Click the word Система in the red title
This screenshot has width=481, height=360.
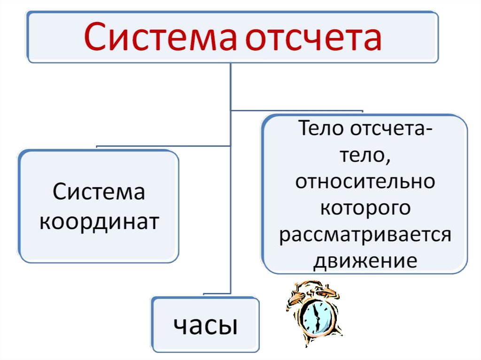(160, 37)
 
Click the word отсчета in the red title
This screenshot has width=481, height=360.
(313, 38)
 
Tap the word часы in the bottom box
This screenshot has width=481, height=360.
(206, 325)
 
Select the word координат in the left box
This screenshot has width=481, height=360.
(99, 222)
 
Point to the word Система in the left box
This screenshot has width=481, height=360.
(99, 191)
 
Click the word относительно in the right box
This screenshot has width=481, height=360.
(365, 181)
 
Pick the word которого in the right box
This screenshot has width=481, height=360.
(365, 209)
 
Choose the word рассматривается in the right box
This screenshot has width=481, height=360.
(365, 236)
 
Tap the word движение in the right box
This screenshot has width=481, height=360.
(365, 261)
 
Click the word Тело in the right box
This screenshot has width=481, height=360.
(321, 128)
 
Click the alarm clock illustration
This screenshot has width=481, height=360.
(314, 313)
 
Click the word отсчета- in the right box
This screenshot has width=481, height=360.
(391, 129)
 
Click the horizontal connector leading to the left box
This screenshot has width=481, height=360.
(163, 146)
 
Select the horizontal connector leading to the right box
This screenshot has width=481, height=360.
(297, 110)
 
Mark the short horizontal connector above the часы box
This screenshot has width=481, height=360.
(217, 294)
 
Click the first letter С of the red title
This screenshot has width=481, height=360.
(94, 37)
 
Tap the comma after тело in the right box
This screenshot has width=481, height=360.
(388, 161)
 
